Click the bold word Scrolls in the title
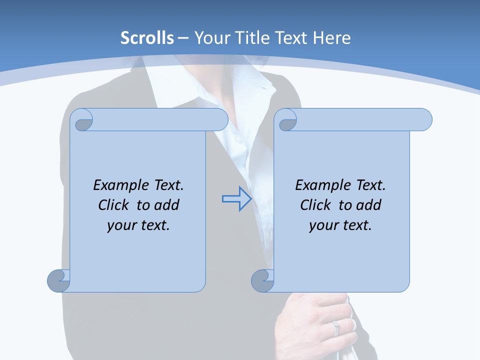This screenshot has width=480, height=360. coord(147,38)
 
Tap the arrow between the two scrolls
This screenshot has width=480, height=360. coord(236,199)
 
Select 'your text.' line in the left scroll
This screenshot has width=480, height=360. coord(138,225)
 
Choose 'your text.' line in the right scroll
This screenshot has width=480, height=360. coord(340,225)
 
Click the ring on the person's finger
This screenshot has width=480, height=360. coord(335,328)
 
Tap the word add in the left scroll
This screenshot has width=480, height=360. coord(167,205)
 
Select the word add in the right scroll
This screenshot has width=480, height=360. coord(369,205)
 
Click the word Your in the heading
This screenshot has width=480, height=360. coord(210,38)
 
